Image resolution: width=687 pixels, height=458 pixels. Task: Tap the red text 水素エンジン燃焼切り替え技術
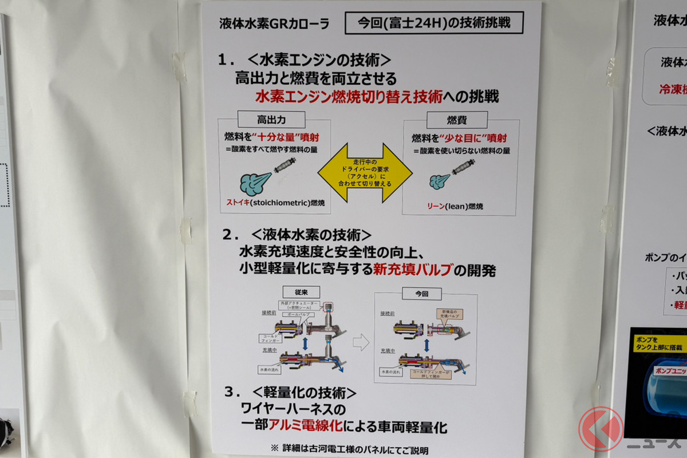(x=349, y=96)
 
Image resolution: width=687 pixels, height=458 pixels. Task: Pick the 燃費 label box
(x=457, y=119)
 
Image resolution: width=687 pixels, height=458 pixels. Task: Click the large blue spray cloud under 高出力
(x=255, y=183)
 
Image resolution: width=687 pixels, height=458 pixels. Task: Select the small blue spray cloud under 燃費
(x=439, y=181)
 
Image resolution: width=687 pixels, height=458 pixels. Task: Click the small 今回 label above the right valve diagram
(x=421, y=294)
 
